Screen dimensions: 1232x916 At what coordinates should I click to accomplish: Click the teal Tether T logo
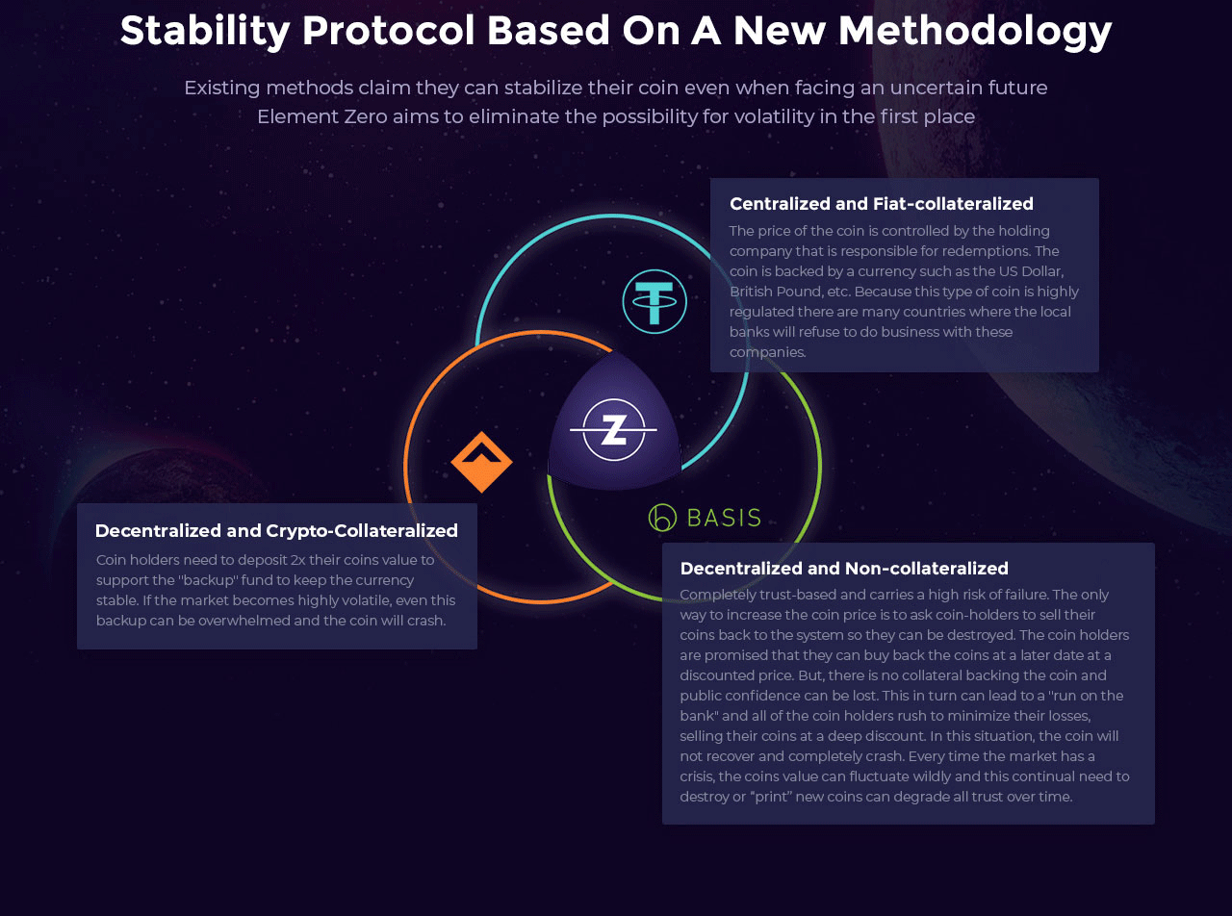(x=654, y=301)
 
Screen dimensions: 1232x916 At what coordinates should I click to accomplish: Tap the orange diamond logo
(x=481, y=462)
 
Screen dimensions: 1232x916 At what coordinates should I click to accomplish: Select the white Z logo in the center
(x=614, y=429)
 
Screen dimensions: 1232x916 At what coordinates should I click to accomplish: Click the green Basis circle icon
(x=662, y=518)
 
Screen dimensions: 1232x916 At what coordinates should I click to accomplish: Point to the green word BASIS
(x=724, y=518)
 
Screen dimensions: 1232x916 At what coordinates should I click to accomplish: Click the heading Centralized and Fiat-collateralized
(x=882, y=204)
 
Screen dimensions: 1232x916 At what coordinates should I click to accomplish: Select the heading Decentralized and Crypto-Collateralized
(x=276, y=531)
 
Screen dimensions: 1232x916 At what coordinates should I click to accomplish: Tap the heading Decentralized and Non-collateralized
(x=844, y=569)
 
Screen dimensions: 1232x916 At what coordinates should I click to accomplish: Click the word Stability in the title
(x=205, y=31)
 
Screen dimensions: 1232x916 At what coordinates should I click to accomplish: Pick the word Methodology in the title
(x=975, y=31)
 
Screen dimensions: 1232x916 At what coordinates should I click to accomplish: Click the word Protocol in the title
(x=388, y=30)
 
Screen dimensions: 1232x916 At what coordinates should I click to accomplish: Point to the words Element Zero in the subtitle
(x=322, y=116)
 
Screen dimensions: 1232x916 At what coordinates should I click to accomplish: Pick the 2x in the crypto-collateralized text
(x=298, y=560)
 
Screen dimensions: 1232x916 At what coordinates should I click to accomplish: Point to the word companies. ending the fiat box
(x=768, y=353)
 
